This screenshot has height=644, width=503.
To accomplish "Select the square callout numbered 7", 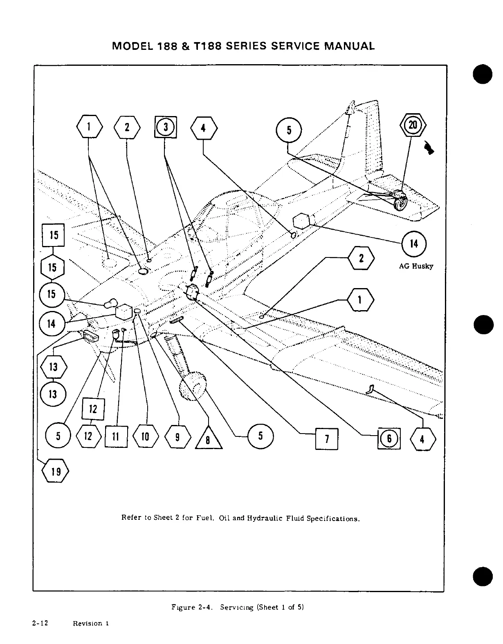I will click(326, 438).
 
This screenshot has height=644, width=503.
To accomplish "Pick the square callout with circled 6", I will click(389, 438).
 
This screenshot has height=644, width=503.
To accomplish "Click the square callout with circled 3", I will click(166, 127).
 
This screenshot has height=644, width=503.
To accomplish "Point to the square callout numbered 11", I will click(116, 437).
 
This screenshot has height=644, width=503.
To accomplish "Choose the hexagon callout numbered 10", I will click(145, 437).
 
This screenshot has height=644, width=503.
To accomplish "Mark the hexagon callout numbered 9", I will click(177, 437).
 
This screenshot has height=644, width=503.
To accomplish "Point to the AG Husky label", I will click(416, 266).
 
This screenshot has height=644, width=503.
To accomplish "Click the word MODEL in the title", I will click(138, 46).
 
